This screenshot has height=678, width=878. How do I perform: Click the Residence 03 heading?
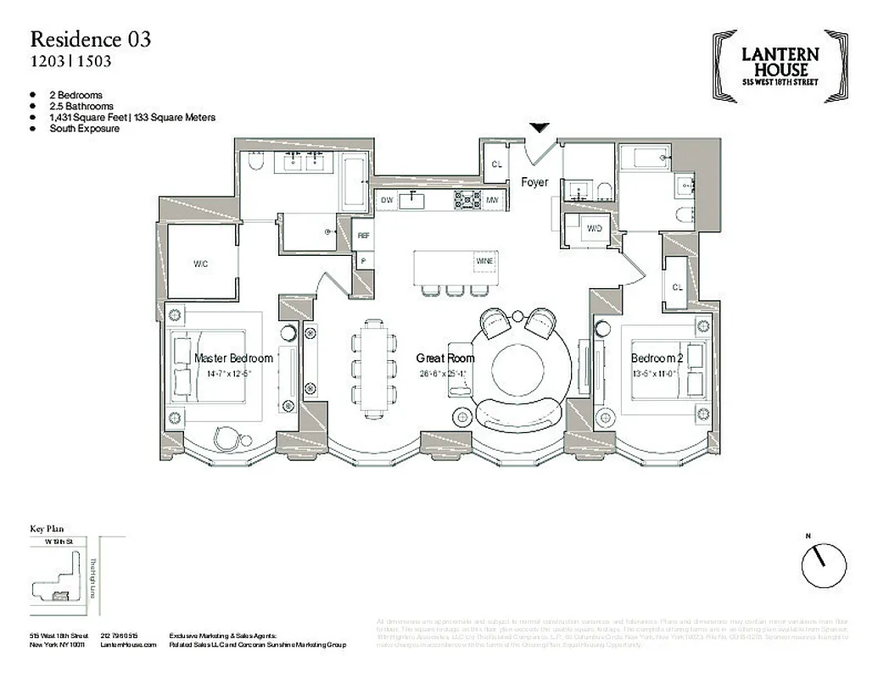91,39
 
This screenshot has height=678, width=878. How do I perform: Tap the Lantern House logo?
780,67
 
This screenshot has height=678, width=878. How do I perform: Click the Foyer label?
534,182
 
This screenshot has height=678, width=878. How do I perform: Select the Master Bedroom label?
233,358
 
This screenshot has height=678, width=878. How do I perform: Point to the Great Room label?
445,358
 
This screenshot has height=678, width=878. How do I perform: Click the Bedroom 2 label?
657,358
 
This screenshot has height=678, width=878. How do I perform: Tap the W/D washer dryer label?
595,229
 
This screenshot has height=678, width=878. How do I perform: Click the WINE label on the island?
484,261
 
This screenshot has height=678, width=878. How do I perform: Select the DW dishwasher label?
387,200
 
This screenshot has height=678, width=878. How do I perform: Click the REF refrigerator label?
364,236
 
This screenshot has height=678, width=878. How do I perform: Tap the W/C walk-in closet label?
201,264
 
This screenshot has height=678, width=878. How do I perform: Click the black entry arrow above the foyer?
539,128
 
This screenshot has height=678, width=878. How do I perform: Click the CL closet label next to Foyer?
498,164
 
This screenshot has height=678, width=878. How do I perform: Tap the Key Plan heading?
48,528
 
